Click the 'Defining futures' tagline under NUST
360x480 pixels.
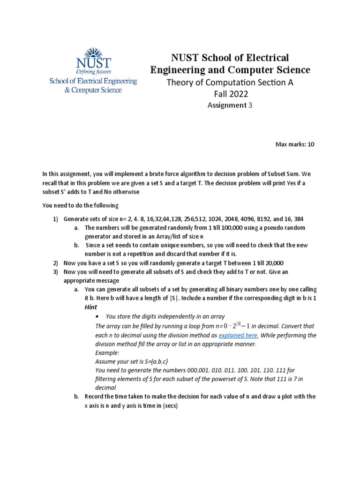point(93,72)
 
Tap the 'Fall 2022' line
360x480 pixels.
point(230,94)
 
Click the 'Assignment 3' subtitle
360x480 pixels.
point(230,105)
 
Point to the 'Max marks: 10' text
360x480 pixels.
point(295,144)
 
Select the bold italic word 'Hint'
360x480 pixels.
point(90,307)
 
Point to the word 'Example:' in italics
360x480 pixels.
point(107,352)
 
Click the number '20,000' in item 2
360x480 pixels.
point(270,263)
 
